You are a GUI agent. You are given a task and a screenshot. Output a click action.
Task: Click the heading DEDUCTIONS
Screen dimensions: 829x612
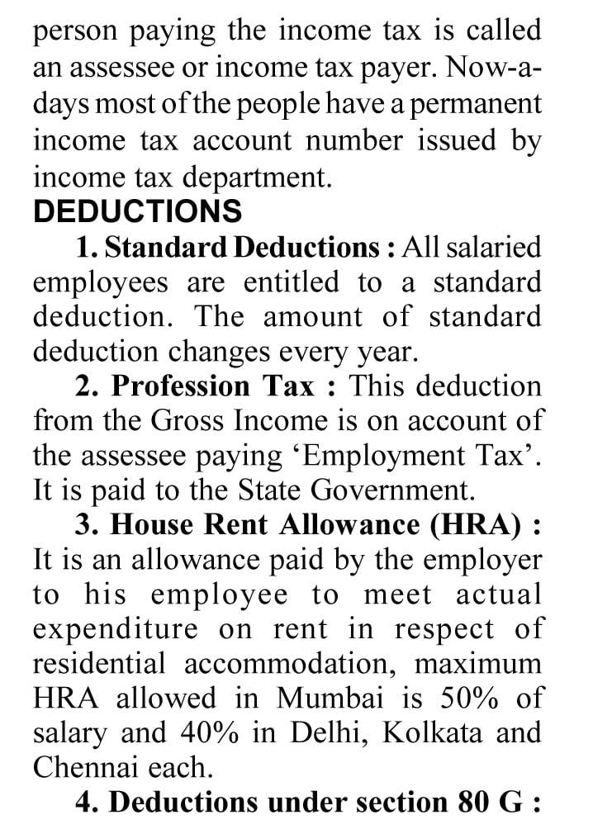pos(138,211)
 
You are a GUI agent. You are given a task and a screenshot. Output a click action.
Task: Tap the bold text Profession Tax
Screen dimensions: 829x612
pos(213,386)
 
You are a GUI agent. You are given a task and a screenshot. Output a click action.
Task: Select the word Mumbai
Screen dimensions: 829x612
pos(330,699)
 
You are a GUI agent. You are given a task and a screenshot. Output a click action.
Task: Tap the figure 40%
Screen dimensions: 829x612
pos(206,733)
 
